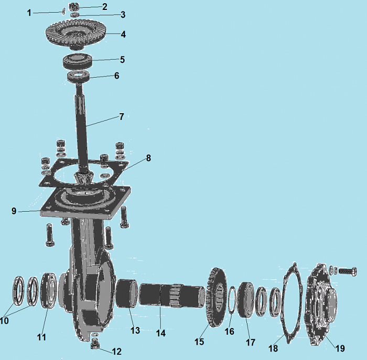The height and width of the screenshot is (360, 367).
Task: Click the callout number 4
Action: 123,35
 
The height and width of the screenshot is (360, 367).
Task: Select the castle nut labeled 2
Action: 74,7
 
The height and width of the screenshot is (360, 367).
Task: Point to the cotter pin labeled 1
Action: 63,11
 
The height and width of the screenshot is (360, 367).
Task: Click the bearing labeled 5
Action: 77,61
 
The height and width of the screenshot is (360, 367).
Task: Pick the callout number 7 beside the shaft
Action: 122,116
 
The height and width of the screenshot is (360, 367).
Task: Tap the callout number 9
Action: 14,211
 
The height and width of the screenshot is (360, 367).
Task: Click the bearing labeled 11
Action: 49,290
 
